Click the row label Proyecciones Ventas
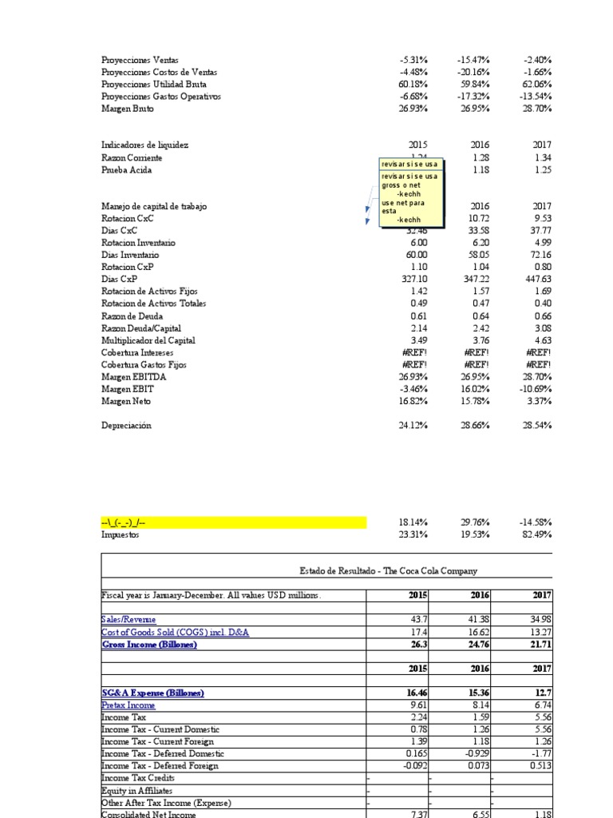pos(140,60)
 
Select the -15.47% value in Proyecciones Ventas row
pos(474,60)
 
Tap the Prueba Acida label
pos(125,170)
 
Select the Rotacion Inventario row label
pos(138,243)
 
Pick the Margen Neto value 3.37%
pos(540,402)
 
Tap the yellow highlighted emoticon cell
pos(233,522)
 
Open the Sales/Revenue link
pos(129,620)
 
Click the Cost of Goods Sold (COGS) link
pos(175,632)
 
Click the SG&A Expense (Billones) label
pos(152,693)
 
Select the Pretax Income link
pos(129,705)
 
